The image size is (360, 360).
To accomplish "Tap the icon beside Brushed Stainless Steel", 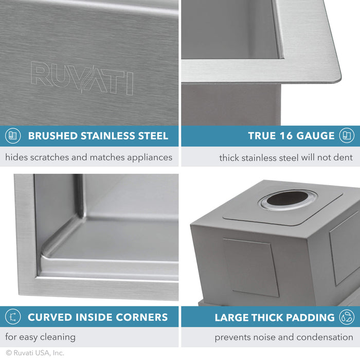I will click(13, 136).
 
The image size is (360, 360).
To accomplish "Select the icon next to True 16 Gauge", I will click(347, 136).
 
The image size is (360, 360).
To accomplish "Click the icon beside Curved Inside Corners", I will click(13, 317).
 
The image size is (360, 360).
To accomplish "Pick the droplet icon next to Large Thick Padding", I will click(347, 317).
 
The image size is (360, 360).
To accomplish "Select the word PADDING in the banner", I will click(310, 317).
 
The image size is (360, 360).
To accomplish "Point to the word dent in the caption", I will click(343, 157).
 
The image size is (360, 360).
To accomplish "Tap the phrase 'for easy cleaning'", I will click(40, 337).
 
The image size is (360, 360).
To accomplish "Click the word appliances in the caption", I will click(149, 157).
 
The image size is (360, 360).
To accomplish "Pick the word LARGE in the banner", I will click(231, 317).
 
